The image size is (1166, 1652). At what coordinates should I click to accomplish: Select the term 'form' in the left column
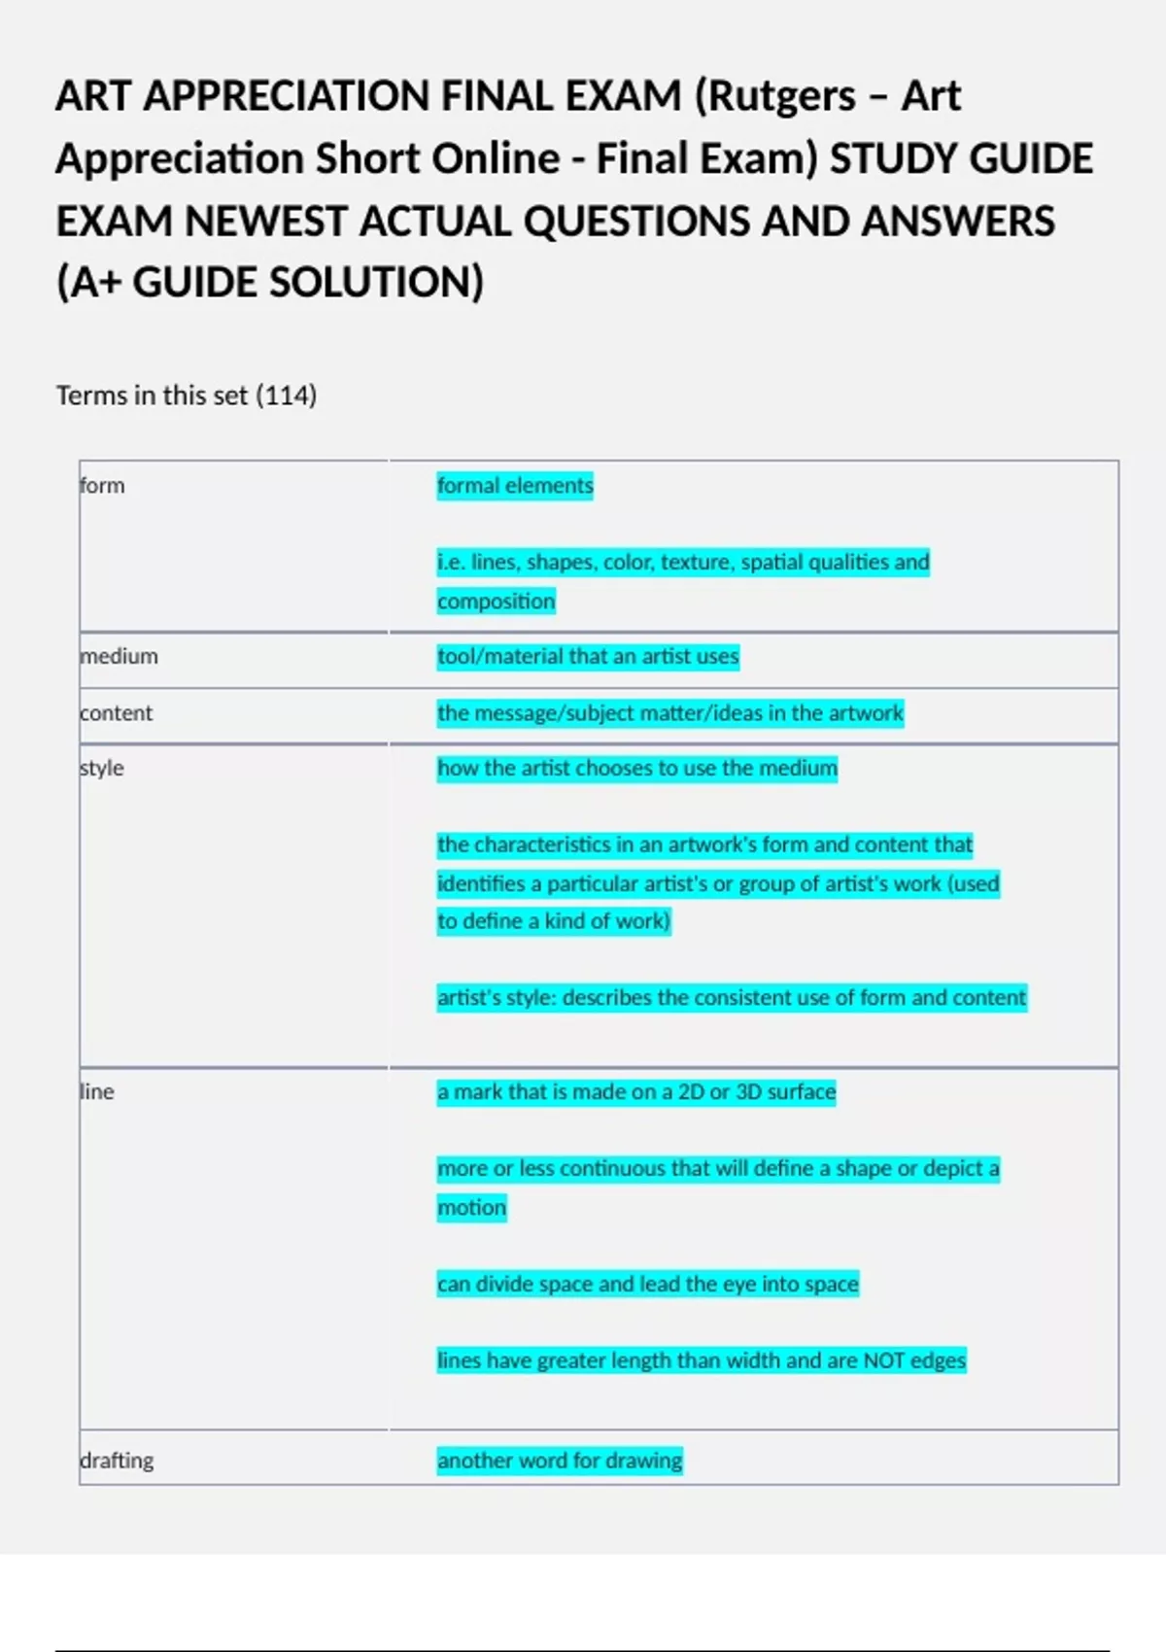[x=102, y=486]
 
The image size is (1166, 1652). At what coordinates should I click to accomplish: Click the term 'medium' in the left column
[x=119, y=657]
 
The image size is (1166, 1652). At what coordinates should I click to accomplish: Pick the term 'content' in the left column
[x=117, y=713]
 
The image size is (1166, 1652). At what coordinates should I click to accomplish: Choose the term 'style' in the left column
[x=102, y=769]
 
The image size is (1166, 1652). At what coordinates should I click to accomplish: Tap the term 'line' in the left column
[x=97, y=1092]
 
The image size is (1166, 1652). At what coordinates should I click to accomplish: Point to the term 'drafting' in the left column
[x=117, y=1461]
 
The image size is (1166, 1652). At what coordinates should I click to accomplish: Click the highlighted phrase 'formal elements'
[x=515, y=486]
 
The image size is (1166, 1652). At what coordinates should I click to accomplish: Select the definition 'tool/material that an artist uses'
[x=588, y=657]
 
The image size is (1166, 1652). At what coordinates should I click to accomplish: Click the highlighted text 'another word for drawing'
[x=560, y=1461]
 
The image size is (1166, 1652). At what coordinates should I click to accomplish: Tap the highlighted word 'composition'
[x=496, y=602]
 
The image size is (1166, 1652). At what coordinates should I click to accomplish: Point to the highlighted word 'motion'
[x=471, y=1208]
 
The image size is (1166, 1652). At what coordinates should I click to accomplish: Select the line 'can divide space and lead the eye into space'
[x=647, y=1285]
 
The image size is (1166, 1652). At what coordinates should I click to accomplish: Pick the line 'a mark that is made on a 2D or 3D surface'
[x=636, y=1092]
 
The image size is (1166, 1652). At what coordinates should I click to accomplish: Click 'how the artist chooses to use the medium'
[x=636, y=769]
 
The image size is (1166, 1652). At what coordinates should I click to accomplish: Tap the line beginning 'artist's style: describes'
[x=731, y=998]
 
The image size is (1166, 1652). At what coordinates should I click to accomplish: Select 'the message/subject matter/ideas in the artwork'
[x=669, y=713]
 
